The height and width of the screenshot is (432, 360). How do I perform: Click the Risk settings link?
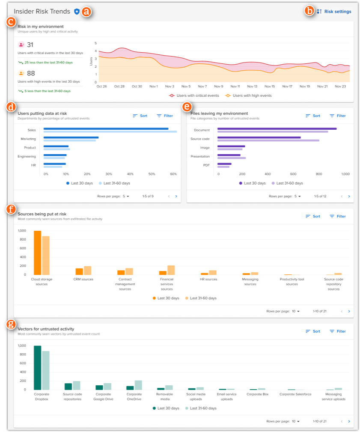(337, 12)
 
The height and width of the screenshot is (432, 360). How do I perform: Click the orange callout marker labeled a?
(87, 12)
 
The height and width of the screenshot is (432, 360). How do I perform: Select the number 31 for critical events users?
(30, 45)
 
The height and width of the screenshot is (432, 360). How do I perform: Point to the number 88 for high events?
(31, 73)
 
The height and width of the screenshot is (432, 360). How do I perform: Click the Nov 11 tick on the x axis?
(235, 86)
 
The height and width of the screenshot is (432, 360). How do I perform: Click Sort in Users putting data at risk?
(140, 116)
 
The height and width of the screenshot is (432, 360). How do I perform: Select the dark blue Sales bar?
(106, 128)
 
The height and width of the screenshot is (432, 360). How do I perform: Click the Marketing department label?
(28, 139)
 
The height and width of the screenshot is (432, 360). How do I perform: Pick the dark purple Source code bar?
(259, 137)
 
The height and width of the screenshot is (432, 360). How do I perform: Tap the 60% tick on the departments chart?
(173, 174)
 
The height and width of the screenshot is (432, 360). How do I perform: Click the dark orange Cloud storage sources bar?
(38, 253)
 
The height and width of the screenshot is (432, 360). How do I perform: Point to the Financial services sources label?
(167, 284)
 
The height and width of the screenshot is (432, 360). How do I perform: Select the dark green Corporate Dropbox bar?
(38, 367)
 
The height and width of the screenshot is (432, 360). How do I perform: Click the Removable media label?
(164, 396)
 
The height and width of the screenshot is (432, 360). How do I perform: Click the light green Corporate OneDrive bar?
(138, 385)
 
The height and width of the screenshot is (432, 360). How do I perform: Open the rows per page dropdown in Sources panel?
(296, 311)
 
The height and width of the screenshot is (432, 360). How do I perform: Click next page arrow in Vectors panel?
(349, 421)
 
